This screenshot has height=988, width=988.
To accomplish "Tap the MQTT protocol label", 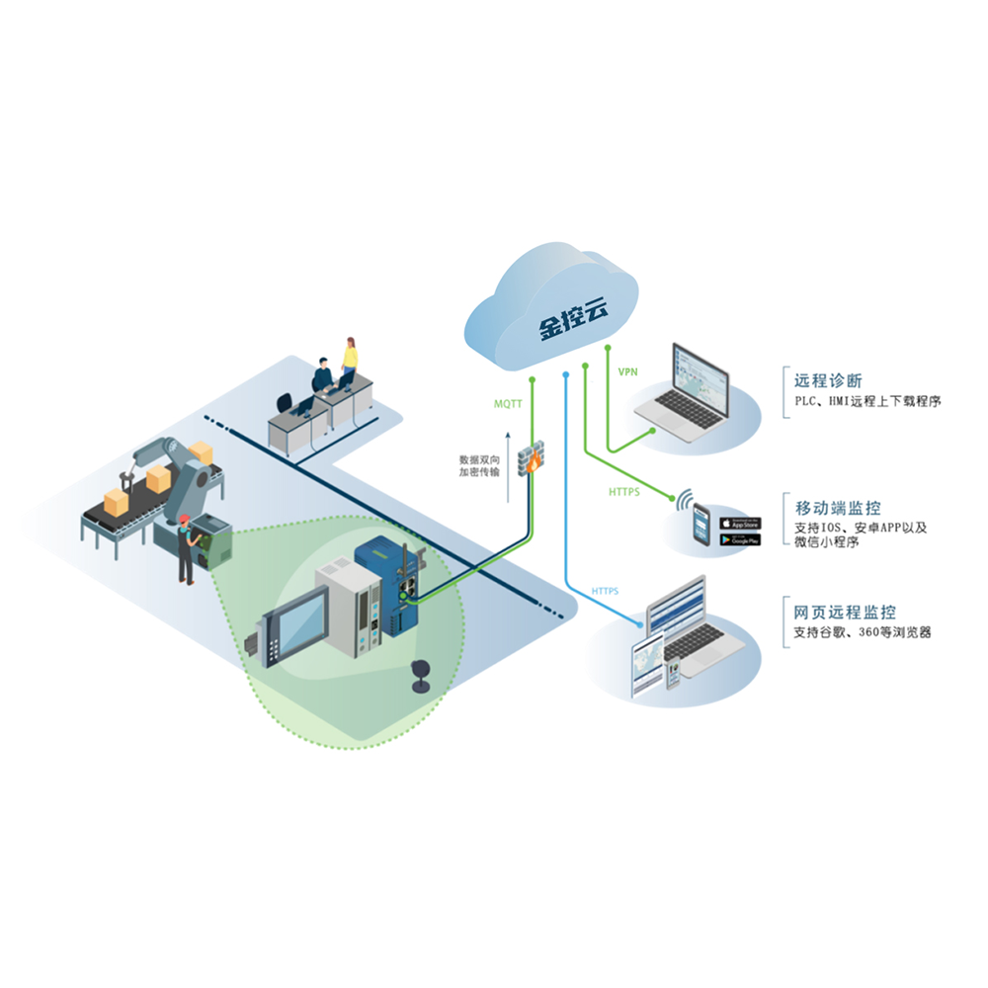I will (508, 404).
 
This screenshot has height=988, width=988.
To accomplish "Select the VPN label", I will (627, 371).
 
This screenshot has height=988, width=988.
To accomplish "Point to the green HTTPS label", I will (624, 491).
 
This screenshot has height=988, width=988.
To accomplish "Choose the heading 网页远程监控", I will (846, 613).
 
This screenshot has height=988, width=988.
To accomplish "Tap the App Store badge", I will (740, 523).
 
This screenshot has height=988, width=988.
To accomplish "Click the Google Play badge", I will (740, 539).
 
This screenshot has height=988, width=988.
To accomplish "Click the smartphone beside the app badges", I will (701, 525).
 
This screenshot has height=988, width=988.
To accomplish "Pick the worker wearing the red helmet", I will (185, 553).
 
